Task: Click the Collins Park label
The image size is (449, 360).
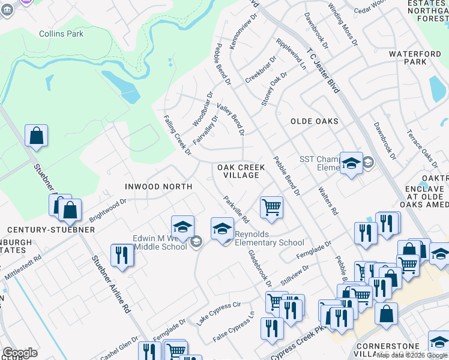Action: click(61, 34)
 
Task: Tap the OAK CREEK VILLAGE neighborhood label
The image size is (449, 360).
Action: click(238, 171)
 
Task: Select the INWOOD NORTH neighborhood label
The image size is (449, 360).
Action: click(158, 187)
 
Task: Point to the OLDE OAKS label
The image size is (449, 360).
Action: click(314, 121)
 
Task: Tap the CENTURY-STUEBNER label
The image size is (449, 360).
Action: click(43, 230)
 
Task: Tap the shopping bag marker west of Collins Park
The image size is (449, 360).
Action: click(36, 136)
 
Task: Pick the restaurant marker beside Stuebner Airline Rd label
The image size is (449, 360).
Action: click(122, 256)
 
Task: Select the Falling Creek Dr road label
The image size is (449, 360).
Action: click(177, 136)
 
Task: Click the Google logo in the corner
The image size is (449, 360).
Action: click(20, 353)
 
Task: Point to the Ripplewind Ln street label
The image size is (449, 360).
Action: click(291, 55)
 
